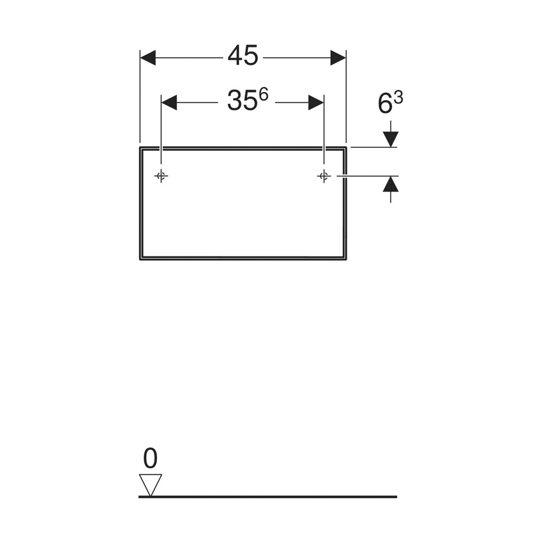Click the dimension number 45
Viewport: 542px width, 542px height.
pos(243,56)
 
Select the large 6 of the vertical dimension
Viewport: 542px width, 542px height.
pos(385,104)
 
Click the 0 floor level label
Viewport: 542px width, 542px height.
pos(150,459)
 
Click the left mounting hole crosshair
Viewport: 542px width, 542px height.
pos(161,176)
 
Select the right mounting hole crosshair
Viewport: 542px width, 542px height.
pos(324,176)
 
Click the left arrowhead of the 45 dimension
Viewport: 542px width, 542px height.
pos(147,58)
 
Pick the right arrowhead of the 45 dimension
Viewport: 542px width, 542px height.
pos(338,58)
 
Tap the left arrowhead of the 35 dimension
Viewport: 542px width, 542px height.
pos(169,102)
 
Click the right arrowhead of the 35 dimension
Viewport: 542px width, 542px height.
pos(316,102)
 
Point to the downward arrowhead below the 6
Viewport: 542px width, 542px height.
pos(391,139)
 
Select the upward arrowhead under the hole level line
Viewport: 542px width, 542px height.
pos(391,184)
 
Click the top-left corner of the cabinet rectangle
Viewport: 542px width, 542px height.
pos(140,147)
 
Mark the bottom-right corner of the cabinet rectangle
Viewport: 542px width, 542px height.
pos(346,259)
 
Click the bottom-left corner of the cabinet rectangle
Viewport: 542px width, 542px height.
pos(140,259)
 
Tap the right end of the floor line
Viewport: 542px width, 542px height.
pos(397,497)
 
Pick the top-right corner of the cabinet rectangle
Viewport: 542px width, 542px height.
pos(346,147)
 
